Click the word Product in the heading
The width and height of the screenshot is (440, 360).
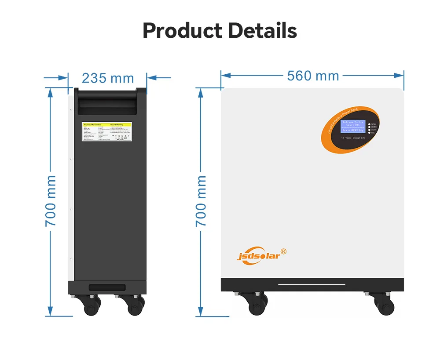(181, 31)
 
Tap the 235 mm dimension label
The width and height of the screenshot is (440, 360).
(108, 78)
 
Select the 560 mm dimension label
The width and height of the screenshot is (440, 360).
(313, 76)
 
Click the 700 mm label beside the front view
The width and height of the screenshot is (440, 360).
(201, 201)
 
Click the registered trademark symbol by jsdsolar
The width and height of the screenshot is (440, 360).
(284, 251)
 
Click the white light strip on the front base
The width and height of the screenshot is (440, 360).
(312, 284)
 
